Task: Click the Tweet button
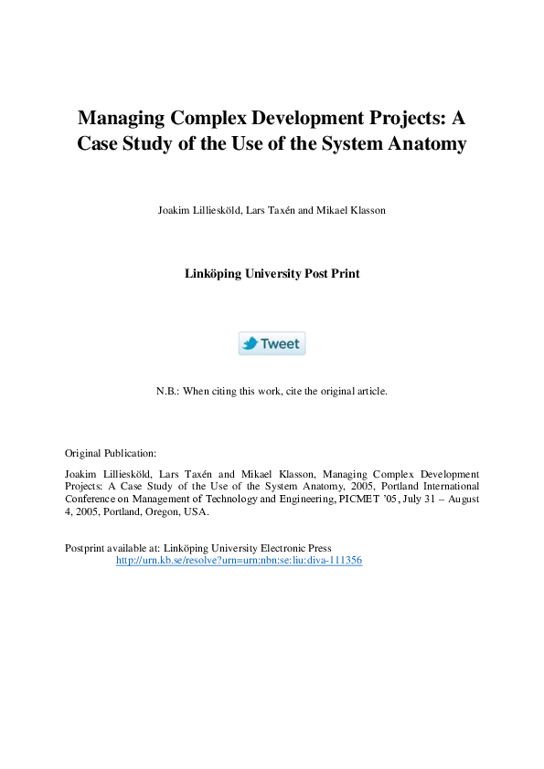pyautogui.click(x=272, y=343)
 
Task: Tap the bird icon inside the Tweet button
pyautogui.click(x=250, y=343)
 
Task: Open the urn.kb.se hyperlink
pyautogui.click(x=239, y=560)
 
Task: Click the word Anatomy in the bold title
pyautogui.click(x=424, y=143)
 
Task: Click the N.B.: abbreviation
pyautogui.click(x=167, y=391)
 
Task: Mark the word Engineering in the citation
pyautogui.click(x=302, y=499)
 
